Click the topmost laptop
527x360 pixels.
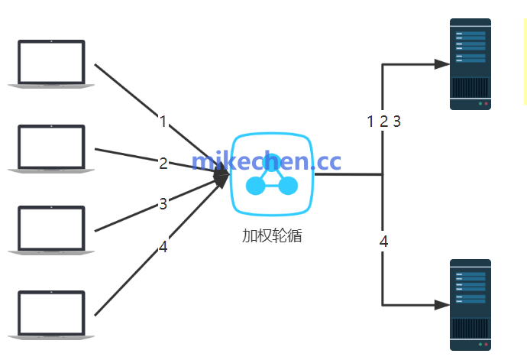[51, 64]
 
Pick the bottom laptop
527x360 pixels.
[51, 314]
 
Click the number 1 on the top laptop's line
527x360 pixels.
[163, 121]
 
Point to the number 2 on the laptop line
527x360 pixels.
[163, 163]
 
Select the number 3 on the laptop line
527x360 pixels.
[163, 203]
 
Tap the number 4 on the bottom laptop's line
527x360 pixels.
[163, 246]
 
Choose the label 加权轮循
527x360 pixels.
[272, 235]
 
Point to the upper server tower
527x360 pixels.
[470, 64]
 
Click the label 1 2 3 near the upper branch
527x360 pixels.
[383, 121]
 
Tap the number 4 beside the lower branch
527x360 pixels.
[383, 242]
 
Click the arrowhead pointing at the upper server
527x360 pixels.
[441, 64]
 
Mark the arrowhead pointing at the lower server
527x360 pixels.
[441, 305]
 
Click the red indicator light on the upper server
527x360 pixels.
[486, 103]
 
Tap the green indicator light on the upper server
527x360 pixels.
[479, 103]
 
